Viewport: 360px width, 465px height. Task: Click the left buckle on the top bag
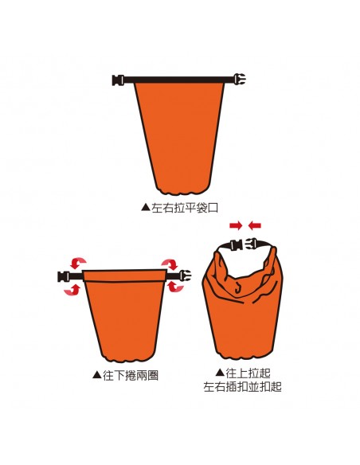[118, 80]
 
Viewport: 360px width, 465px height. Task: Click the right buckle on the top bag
[240, 80]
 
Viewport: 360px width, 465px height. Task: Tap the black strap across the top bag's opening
[179, 80]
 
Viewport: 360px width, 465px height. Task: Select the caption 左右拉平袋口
[185, 208]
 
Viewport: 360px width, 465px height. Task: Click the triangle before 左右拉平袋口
[146, 207]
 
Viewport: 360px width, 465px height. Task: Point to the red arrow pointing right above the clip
[236, 225]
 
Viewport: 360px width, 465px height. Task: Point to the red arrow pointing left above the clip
[255, 225]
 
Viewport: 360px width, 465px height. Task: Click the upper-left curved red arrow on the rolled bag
[77, 263]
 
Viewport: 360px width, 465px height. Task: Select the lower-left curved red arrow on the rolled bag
[72, 290]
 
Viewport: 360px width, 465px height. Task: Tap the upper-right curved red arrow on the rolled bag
[170, 264]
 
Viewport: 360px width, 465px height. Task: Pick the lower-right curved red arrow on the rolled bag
[175, 287]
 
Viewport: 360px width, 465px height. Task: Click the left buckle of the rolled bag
[64, 276]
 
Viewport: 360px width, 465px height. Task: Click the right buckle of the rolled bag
[185, 275]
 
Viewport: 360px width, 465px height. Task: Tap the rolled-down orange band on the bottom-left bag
[124, 275]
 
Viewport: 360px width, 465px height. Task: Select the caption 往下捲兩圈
[131, 376]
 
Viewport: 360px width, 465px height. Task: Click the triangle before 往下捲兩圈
[97, 375]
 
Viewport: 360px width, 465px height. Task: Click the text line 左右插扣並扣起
[243, 387]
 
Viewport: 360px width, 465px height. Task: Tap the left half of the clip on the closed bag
[237, 246]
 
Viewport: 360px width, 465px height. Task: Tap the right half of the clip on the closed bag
[252, 244]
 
